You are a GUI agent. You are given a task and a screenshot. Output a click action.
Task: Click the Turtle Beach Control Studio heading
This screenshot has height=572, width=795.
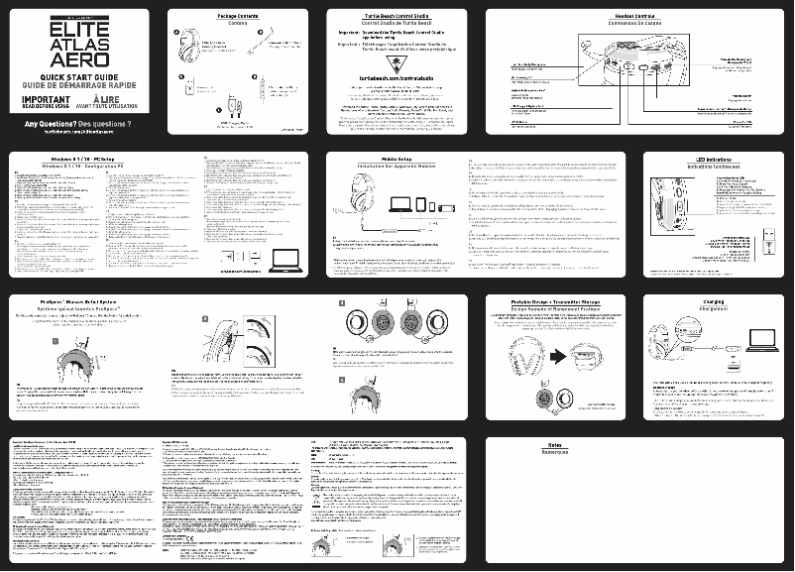[396, 17]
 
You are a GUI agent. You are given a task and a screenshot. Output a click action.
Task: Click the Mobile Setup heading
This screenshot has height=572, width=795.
[396, 159]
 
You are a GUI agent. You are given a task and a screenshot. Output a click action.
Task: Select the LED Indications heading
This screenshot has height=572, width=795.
[714, 159]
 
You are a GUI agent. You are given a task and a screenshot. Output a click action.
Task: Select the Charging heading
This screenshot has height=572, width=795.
[714, 301]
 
